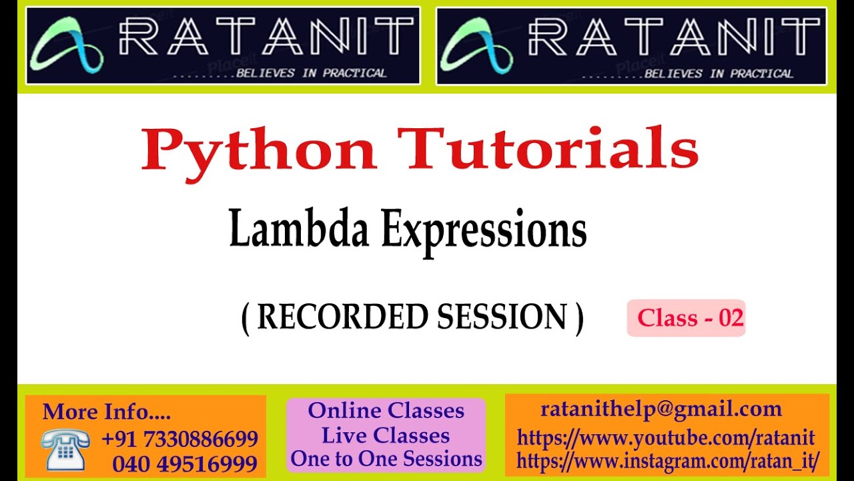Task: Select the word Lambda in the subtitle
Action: pos(298,230)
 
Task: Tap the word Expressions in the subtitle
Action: pos(484,231)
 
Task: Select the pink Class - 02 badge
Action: pos(686,318)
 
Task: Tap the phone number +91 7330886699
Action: pos(179,439)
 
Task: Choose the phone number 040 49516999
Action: pos(185,464)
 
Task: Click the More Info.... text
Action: pos(107,412)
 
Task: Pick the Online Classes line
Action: pos(386,410)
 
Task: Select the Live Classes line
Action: pos(386,435)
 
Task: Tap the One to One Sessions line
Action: pos(386,459)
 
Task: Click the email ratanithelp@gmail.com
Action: pos(661,409)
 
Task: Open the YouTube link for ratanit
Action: pos(666,438)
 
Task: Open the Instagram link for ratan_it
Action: pos(668,460)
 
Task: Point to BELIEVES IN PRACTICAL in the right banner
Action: pos(718,73)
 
